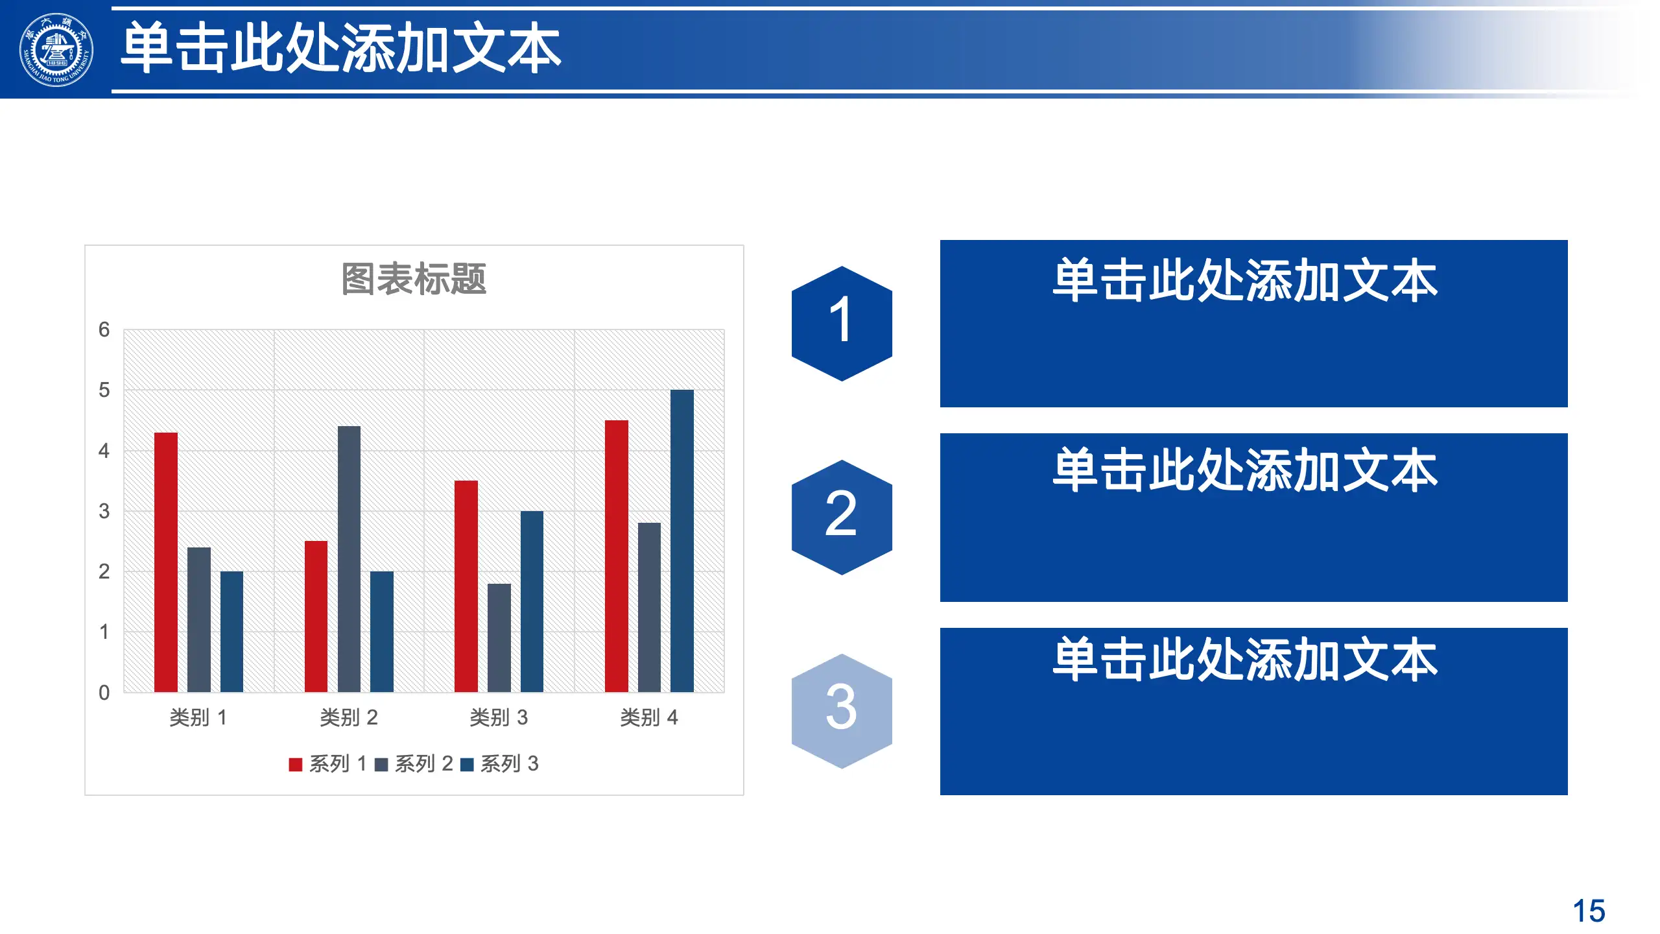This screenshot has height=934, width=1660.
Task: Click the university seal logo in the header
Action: click(x=56, y=50)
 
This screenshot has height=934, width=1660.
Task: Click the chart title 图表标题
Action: click(x=414, y=279)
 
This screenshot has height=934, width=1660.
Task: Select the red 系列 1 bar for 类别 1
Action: click(x=166, y=562)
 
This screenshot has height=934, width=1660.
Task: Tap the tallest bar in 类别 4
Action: click(x=682, y=540)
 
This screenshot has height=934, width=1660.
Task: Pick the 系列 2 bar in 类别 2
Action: click(x=349, y=558)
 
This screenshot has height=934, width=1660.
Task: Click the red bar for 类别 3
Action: click(x=466, y=586)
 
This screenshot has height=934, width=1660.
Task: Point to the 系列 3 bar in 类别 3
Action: click(x=532, y=601)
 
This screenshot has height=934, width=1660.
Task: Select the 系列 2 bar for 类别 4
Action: click(x=649, y=607)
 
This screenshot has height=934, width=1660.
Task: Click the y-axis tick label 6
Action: click(x=104, y=329)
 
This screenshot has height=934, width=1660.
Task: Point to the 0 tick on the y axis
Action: click(x=104, y=692)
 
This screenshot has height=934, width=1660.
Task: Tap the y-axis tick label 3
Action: click(x=104, y=511)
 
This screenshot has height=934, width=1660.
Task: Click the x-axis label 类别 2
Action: click(x=349, y=717)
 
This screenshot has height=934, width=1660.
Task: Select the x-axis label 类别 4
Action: click(x=649, y=717)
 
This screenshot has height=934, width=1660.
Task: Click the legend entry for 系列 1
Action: click(x=328, y=764)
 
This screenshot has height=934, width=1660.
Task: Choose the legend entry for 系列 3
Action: click(x=500, y=764)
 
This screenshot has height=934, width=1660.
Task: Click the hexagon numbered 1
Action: click(x=842, y=323)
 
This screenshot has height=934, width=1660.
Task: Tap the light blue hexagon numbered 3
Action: click(x=842, y=711)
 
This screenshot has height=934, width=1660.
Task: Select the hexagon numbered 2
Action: click(x=842, y=517)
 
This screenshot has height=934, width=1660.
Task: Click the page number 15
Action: click(x=1589, y=911)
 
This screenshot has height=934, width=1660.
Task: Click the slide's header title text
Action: click(x=341, y=47)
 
